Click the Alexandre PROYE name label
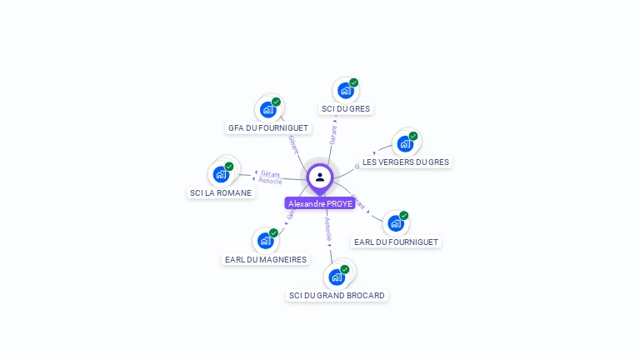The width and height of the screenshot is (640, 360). pos(320,203)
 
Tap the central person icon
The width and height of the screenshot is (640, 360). pos(320,177)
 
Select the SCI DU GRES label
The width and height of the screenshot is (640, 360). pos(346,108)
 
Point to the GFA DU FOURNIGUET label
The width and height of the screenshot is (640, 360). pos(268,128)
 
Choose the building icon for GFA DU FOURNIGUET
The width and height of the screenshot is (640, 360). pos(267,109)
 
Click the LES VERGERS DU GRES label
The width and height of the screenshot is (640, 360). pos(406,162)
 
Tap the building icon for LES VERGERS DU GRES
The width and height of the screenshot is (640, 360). pos(405,143)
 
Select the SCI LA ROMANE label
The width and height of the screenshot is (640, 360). pos(221,192)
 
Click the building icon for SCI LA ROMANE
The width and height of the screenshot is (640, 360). pos(221,174)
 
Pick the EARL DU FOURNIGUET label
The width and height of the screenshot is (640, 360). pos(396,242)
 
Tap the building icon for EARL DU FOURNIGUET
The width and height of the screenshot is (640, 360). pos(395,223)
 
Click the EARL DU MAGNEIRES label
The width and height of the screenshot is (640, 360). pos(266,259)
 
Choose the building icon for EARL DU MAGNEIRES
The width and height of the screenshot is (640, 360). pos(265,241)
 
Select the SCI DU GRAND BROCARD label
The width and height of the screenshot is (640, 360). pos(337,295)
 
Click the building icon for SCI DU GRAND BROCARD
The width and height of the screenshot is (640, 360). pos(337,277)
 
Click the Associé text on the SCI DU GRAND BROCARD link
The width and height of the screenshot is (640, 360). pos(328,230)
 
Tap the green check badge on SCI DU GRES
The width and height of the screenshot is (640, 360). pos(353,82)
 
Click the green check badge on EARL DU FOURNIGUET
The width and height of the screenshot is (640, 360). pos(404,216)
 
